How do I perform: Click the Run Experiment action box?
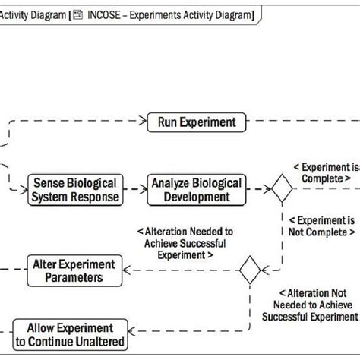click(x=197, y=121)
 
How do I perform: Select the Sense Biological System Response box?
click(x=74, y=190)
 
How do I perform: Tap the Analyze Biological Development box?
click(x=197, y=190)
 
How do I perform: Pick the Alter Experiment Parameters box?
click(x=74, y=270)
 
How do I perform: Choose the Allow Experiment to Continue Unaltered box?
click(x=70, y=334)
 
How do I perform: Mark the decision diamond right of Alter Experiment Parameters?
click(x=249, y=270)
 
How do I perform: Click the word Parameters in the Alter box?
click(x=74, y=278)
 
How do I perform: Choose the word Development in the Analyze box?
click(x=197, y=197)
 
